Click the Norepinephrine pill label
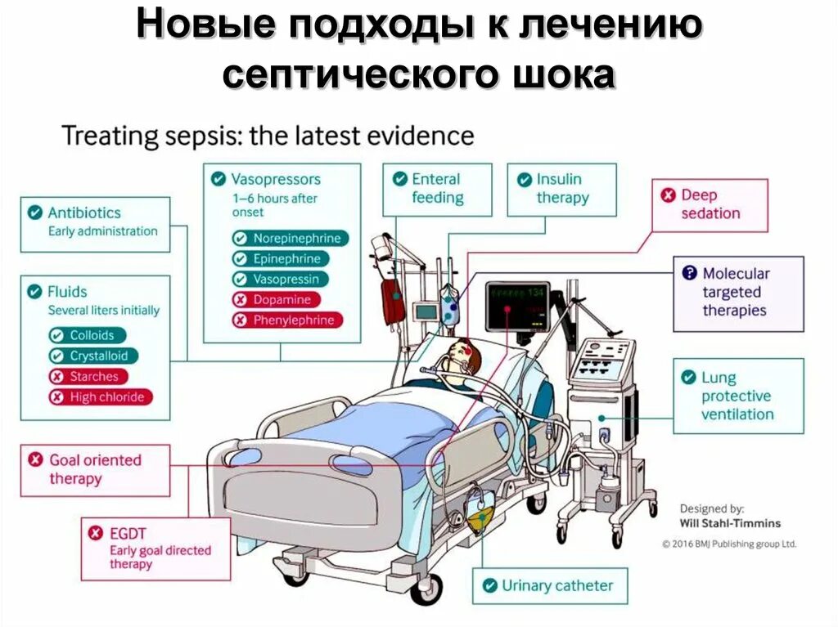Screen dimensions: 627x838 [289, 239]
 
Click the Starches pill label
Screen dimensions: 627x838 [88, 377]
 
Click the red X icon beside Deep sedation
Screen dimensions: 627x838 [668, 195]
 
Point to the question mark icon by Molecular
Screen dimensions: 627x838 [689, 273]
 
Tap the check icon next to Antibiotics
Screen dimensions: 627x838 [35, 213]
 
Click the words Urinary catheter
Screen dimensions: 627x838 [557, 585]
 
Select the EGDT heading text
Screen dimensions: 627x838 [128, 534]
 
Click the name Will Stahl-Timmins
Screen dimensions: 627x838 [730, 523]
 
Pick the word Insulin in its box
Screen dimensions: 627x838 [559, 179]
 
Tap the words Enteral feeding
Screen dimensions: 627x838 [437, 188]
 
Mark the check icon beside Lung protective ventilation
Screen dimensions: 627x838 [688, 378]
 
